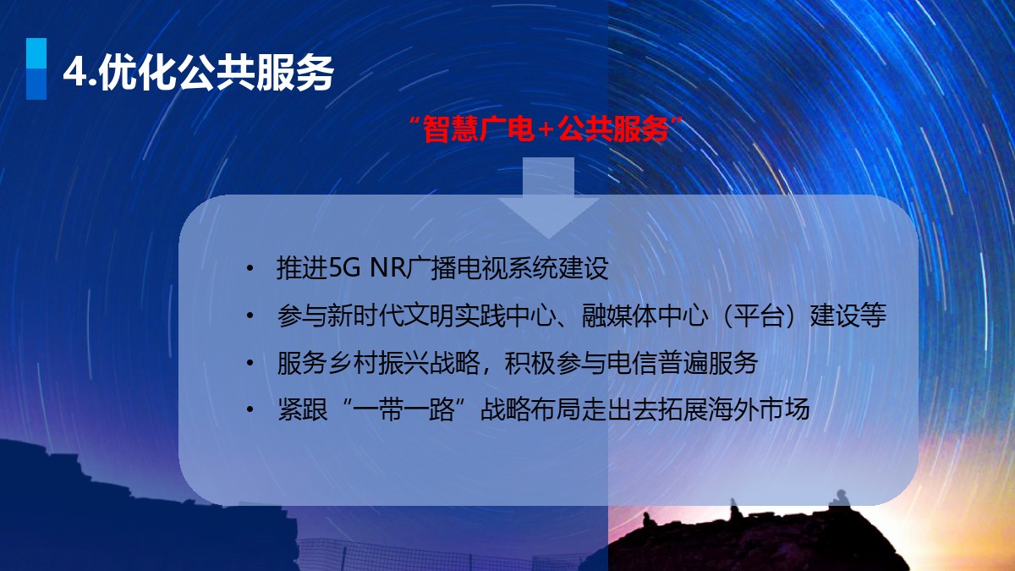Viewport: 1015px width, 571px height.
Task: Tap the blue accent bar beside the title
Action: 36,69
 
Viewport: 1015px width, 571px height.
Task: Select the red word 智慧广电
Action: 478,129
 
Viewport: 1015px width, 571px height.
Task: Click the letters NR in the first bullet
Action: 388,267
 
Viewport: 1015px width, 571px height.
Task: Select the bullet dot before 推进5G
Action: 250,268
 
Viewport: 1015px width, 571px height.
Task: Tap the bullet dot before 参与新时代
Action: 250,316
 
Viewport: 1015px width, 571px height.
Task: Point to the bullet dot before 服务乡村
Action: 250,363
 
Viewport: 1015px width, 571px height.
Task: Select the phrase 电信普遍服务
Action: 682,363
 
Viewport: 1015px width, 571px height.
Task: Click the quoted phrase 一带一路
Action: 403,409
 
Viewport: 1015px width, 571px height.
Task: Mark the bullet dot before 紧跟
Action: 250,409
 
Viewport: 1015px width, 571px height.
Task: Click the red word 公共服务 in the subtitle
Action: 613,129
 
